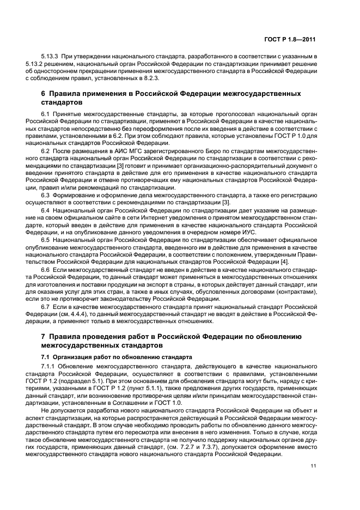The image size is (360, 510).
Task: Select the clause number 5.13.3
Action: pyautogui.click(x=50, y=56)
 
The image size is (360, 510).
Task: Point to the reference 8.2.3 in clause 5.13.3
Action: pyautogui.click(x=136, y=77)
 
